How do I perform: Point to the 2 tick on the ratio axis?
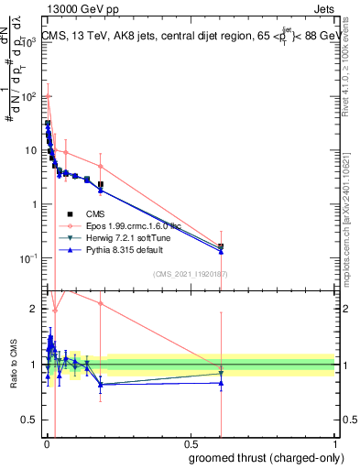36,309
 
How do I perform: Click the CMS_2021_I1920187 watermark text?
189,274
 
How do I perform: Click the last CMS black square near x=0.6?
220,246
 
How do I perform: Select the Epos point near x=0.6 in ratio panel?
220,368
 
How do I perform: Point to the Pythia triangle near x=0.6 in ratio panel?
220,383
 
